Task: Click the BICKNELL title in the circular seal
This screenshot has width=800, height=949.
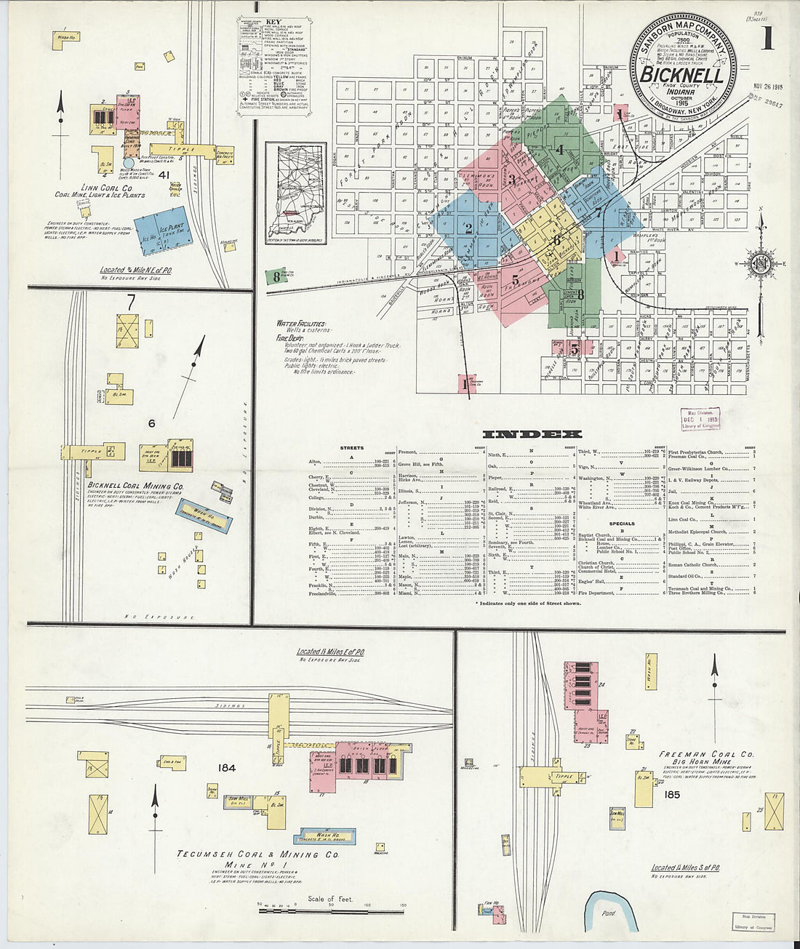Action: [x=681, y=76]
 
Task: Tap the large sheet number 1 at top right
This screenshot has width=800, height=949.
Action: [x=767, y=38]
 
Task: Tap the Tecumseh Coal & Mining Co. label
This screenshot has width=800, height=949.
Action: [x=259, y=854]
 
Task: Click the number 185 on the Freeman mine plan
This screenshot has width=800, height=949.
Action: [x=671, y=795]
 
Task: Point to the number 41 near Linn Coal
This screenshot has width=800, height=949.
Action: [x=164, y=175]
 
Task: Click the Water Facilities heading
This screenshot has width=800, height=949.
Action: [x=301, y=323]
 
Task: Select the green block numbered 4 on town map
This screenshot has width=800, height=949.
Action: [x=560, y=150]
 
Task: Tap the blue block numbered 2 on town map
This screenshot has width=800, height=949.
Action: [x=468, y=228]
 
